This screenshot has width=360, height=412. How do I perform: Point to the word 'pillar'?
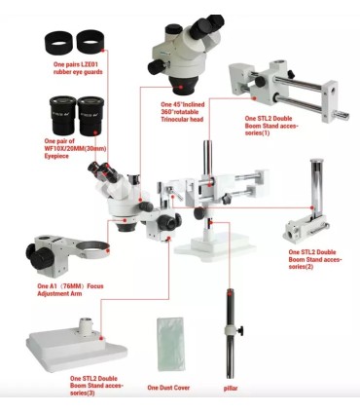(231, 388)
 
